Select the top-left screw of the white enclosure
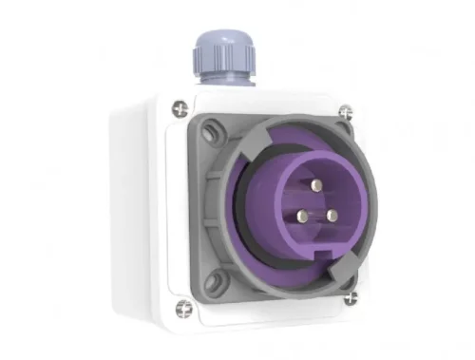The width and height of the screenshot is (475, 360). point(178,109)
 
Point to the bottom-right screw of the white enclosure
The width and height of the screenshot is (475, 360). point(350,296)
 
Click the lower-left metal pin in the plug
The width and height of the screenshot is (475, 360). point(298,217)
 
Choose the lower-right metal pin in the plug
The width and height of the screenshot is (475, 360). point(332,215)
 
